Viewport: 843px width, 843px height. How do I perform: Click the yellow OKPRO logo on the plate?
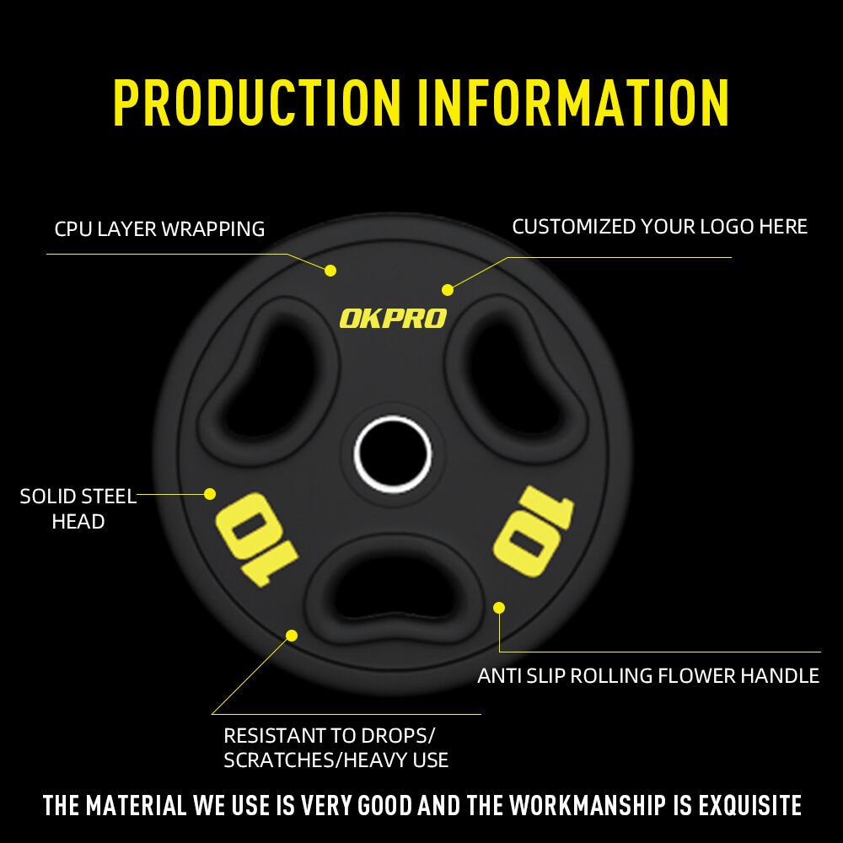pos(393,318)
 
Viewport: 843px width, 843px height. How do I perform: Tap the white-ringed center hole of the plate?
pos(393,454)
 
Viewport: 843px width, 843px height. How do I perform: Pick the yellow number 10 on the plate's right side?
pos(533,531)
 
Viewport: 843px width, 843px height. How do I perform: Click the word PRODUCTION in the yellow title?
pos(257,103)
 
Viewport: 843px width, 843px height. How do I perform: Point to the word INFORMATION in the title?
pos(572,103)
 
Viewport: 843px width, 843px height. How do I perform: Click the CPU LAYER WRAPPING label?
pos(159,228)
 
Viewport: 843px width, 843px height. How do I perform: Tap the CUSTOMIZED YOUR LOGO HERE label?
pos(659,227)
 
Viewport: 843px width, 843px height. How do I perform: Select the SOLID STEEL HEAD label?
pos(78,508)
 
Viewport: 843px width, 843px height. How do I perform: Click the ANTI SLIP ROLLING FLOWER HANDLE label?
pos(648,675)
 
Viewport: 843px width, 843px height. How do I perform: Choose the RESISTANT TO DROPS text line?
pos(330,735)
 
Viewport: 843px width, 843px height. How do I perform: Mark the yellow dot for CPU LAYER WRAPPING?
pos(330,271)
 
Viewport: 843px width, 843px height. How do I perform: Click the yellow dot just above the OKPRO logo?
pos(448,290)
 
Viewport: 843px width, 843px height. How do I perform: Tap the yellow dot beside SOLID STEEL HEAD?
pos(210,494)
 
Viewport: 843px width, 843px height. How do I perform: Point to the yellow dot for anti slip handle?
pos(499,607)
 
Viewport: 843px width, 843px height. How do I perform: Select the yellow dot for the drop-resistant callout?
pos(292,635)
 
